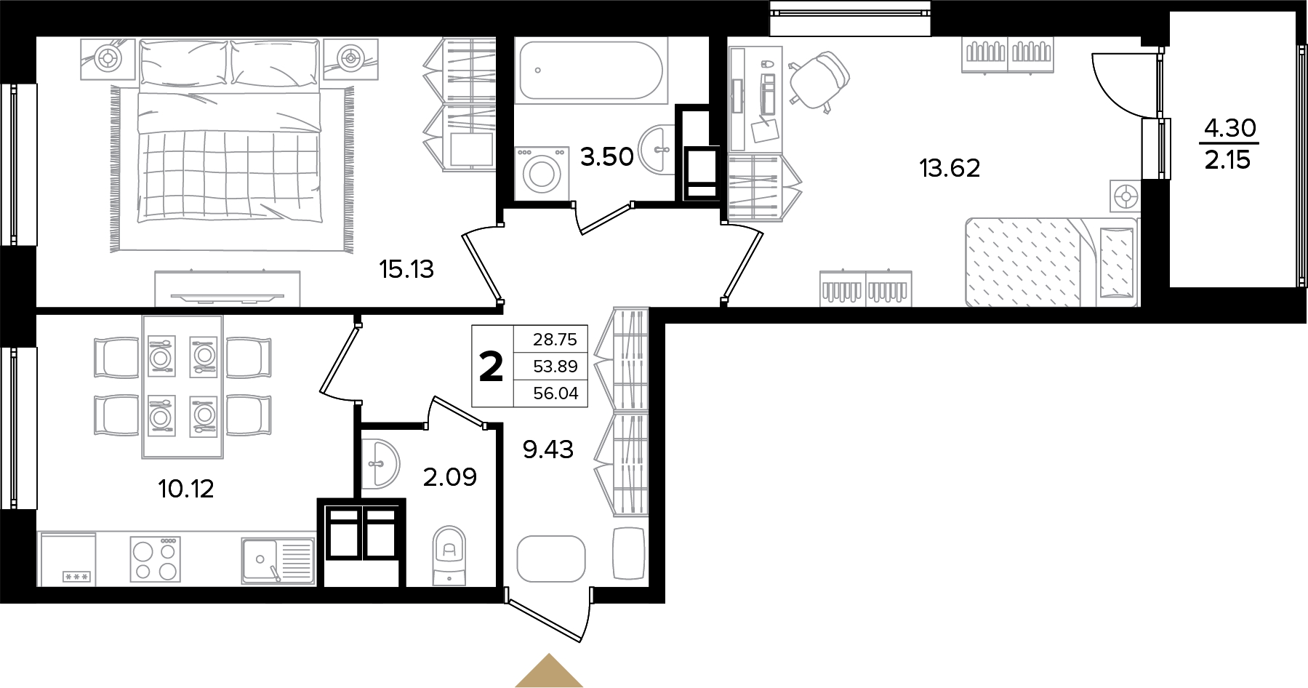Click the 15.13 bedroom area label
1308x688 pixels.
click(406, 270)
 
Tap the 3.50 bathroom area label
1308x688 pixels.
click(606, 156)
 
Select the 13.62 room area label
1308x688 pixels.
click(950, 169)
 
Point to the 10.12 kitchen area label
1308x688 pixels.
click(186, 489)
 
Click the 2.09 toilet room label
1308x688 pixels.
click(450, 477)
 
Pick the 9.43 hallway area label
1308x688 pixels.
click(548, 449)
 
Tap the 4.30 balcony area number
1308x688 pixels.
click(1230, 128)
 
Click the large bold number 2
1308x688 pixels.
click(491, 366)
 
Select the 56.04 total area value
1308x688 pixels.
click(555, 393)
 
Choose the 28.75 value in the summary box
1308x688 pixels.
click(555, 340)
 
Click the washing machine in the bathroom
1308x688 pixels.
click(540, 173)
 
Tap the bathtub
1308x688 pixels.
click(589, 71)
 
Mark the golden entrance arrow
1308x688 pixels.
click(549, 671)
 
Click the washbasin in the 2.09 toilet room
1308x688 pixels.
click(380, 463)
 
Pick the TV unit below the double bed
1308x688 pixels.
click(228, 289)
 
